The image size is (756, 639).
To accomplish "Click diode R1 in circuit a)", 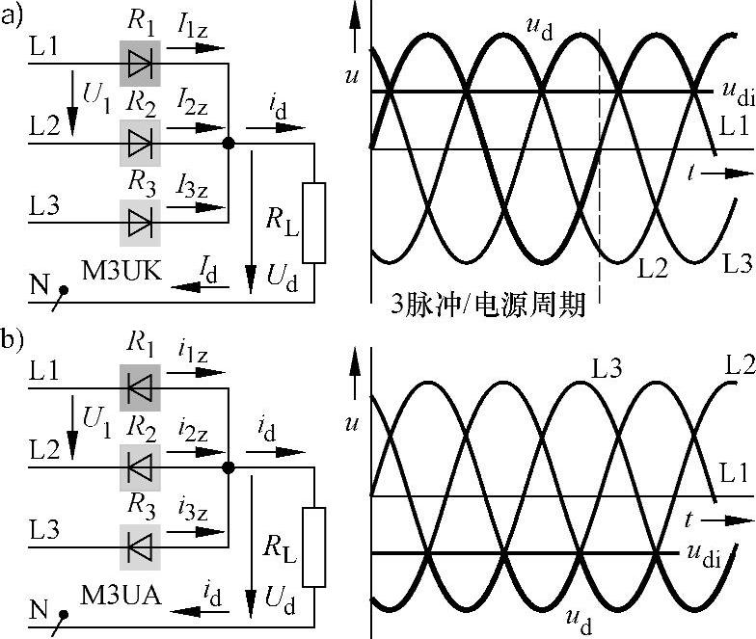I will (140, 65).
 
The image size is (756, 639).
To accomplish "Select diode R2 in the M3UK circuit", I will (140, 144).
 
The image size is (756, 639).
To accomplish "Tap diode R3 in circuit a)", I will (140, 223).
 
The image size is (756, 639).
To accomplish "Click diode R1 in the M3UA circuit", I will (140, 386).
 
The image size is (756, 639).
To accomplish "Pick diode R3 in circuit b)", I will (140, 546).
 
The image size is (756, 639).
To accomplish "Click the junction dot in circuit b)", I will (229, 467).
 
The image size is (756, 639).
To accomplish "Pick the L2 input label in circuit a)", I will (44, 125).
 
